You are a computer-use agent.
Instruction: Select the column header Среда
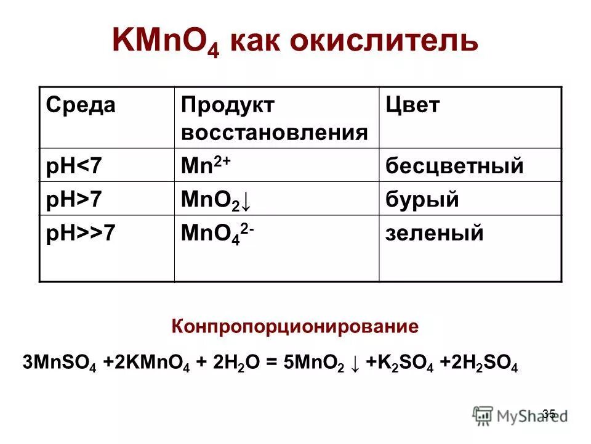point(81,105)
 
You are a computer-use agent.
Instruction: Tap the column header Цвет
point(414,105)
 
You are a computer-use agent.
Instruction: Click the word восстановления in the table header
point(275,133)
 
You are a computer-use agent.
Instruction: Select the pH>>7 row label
point(81,234)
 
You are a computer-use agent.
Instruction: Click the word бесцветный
point(455,166)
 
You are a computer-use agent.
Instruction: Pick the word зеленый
point(435,234)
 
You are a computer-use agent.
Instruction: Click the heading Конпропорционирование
point(295,326)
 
